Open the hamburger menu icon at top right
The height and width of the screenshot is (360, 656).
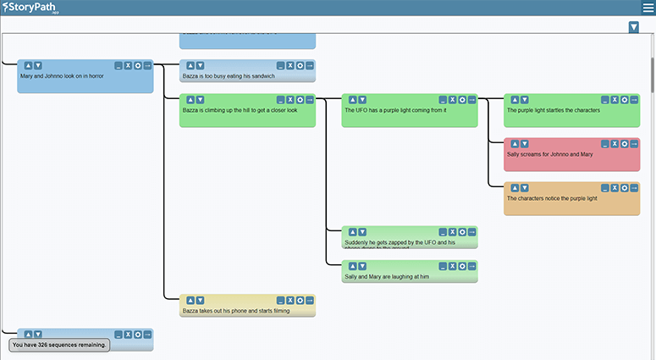click(648, 8)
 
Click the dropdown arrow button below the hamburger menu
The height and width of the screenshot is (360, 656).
click(634, 28)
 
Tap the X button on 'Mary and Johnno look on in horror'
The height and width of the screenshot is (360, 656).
click(128, 65)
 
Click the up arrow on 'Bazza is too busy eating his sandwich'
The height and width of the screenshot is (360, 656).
click(190, 65)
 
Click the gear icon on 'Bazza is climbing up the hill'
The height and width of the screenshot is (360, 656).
click(300, 99)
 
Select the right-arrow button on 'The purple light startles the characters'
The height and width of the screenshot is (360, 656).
click(634, 99)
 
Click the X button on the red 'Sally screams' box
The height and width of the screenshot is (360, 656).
click(615, 143)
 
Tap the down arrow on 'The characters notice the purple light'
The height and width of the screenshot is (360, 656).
click(524, 187)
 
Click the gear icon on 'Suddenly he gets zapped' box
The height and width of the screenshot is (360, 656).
click(462, 231)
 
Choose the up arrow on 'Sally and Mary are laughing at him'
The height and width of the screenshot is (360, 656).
click(352, 265)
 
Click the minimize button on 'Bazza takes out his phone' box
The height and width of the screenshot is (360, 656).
click(279, 300)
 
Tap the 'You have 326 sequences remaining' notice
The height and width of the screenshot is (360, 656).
click(60, 345)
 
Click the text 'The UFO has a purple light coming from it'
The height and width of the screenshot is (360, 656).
click(395, 110)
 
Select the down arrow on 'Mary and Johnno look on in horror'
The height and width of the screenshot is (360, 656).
click(37, 65)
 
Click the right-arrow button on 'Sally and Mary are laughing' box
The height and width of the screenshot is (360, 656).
click(471, 265)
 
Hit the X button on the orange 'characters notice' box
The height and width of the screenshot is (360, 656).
click(615, 187)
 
